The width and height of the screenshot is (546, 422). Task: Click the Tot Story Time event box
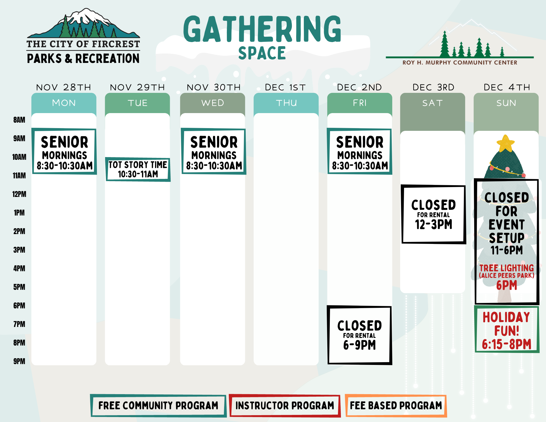[x=138, y=169]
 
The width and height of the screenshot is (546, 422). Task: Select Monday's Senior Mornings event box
[x=64, y=152]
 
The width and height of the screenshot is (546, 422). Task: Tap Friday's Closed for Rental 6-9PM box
[x=359, y=335]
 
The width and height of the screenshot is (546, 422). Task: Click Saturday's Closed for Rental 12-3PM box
[x=433, y=214]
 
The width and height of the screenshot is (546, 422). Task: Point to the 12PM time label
[x=19, y=194]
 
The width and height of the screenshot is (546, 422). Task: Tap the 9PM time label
[x=19, y=361]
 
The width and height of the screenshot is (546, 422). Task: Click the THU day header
[x=286, y=103]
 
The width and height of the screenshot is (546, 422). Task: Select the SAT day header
[x=432, y=103]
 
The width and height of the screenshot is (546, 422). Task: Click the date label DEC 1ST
[x=285, y=87]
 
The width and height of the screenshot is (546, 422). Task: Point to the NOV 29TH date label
[x=137, y=87]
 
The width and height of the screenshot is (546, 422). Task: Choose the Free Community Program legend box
[x=158, y=406]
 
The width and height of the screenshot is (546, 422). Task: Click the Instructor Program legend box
[x=285, y=406]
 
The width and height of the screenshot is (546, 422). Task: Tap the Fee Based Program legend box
[x=396, y=406]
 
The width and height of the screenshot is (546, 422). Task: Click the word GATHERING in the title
[x=262, y=29]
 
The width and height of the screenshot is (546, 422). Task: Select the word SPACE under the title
[x=262, y=53]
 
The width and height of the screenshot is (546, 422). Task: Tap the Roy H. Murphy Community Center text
[x=460, y=63]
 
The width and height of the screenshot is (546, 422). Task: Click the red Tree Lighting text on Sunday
[x=506, y=268]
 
